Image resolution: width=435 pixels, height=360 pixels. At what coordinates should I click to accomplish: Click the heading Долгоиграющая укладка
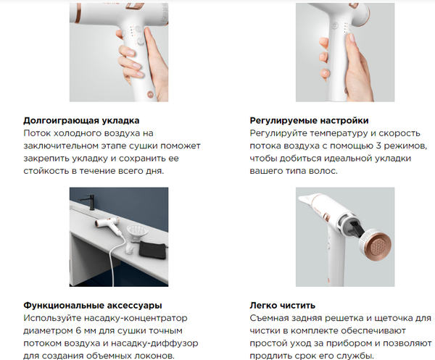click(x=81, y=120)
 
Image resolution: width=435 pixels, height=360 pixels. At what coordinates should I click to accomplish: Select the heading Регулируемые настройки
click(x=309, y=120)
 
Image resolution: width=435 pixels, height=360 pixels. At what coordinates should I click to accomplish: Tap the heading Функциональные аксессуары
click(x=93, y=306)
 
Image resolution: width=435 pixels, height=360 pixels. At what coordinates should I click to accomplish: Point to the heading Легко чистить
click(x=283, y=306)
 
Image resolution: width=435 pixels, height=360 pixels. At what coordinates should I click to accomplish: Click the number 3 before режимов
click(x=378, y=146)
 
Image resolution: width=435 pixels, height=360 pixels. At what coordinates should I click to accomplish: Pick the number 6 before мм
click(x=78, y=330)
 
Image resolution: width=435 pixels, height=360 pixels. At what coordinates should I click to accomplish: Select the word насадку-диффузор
click(x=154, y=343)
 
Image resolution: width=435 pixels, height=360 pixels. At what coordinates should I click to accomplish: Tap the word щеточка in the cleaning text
click(x=394, y=318)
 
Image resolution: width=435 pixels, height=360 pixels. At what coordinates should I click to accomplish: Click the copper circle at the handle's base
click(x=150, y=94)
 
